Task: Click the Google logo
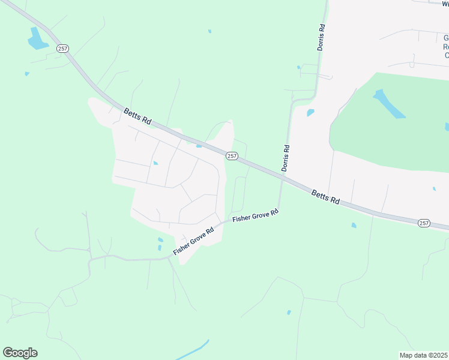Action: coord(20,353)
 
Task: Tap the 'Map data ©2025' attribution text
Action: coord(423,355)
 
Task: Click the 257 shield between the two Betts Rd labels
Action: coord(232,156)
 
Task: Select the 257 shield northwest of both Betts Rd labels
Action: coord(62,48)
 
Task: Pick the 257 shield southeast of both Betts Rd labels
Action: coord(424,223)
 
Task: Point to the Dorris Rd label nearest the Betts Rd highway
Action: coord(286,158)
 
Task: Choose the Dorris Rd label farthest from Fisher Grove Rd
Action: coord(321,37)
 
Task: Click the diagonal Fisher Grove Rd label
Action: coord(193,241)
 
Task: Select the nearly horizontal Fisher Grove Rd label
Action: coord(256,216)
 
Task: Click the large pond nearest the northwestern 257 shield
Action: coord(37,39)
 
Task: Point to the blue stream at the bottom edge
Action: coord(192,350)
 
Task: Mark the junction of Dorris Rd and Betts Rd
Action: coord(281,175)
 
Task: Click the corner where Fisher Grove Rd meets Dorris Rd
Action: coord(279,211)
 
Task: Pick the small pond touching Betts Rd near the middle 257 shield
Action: coord(198,145)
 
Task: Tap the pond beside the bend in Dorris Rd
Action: coord(310,112)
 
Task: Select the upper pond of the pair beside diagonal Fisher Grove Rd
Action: coord(160,240)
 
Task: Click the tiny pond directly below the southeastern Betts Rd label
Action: coord(354,226)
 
